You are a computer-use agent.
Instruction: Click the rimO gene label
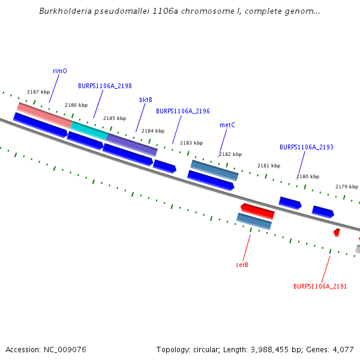tap(60, 71)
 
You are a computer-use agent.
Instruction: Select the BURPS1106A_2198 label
tap(105, 86)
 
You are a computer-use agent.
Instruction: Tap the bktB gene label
tap(146, 100)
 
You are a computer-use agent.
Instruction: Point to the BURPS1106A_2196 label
tap(183, 111)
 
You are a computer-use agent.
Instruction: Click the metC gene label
tap(227, 125)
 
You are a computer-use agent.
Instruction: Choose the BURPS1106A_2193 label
tap(307, 147)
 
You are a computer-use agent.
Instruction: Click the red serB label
tap(242, 264)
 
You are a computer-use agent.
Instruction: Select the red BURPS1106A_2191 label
tap(320, 286)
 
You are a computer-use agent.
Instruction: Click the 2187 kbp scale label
tap(38, 92)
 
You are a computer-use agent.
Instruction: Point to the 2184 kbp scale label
tap(152, 131)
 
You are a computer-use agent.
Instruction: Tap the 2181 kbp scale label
tap(269, 166)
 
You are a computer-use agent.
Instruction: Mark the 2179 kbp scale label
tap(346, 187)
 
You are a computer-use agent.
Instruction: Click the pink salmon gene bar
tap(45, 114)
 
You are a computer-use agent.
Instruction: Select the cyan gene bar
tap(89, 130)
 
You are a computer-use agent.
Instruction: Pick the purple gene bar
tap(132, 144)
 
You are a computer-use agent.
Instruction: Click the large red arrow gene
tap(258, 211)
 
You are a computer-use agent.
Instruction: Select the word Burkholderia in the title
tap(66, 11)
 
